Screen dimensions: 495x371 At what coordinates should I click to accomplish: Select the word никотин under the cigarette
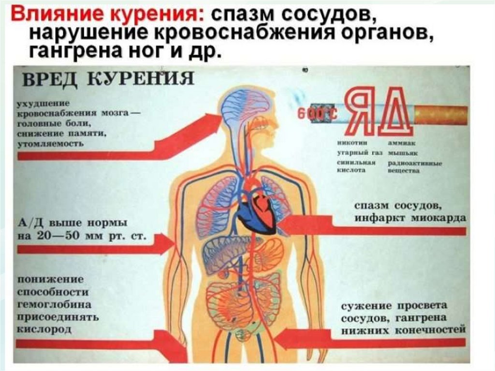(353, 143)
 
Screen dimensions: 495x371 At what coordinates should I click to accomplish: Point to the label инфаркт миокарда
(410, 218)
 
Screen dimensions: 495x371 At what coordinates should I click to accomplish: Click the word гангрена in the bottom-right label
(421, 318)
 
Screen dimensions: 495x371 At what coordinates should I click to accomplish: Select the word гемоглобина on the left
(54, 305)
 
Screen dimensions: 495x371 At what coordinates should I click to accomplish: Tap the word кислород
(44, 329)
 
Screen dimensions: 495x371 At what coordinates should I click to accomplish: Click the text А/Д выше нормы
(73, 224)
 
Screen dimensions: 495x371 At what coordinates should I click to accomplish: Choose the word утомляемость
(50, 144)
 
